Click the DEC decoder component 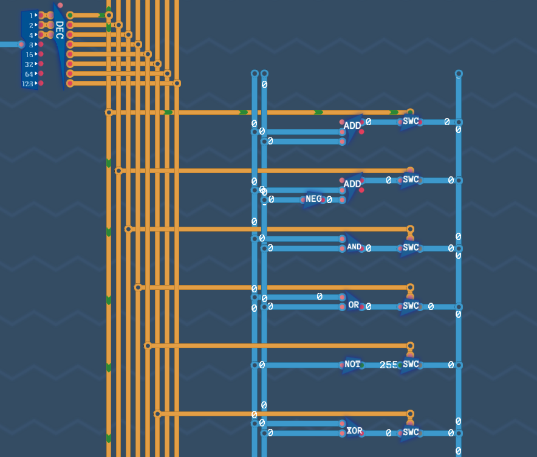pyautogui.click(x=59, y=46)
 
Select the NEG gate pyautogui.click(x=313, y=199)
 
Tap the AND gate pyautogui.click(x=354, y=244)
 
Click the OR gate pyautogui.click(x=354, y=303)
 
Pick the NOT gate pyautogui.click(x=352, y=365)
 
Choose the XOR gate pyautogui.click(x=354, y=429)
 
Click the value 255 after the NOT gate pyautogui.click(x=388, y=365)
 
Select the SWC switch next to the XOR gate pyautogui.click(x=410, y=432)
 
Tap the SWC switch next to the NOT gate pyautogui.click(x=410, y=364)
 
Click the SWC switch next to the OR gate pyautogui.click(x=410, y=306)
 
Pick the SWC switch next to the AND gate pyautogui.click(x=410, y=248)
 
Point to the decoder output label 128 pyautogui.click(x=27, y=84)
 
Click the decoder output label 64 pyautogui.click(x=29, y=74)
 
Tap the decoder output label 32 pyautogui.click(x=29, y=64)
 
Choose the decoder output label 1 pyautogui.click(x=31, y=16)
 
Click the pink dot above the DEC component pyautogui.click(x=60, y=5)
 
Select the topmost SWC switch pyautogui.click(x=410, y=122)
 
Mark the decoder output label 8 pyautogui.click(x=31, y=45)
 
